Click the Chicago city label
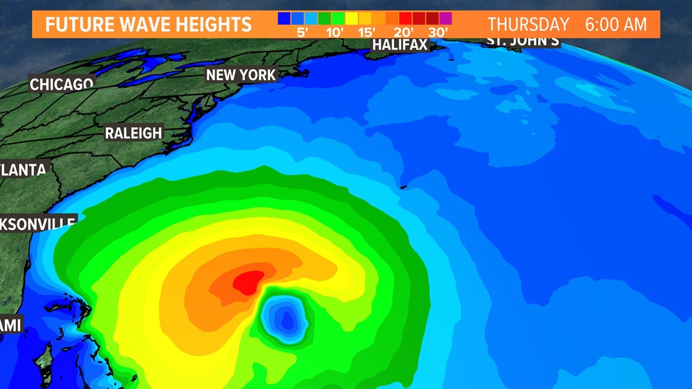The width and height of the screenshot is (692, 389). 61,84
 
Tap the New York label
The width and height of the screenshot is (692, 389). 241,75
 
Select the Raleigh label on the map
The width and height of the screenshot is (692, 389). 134,133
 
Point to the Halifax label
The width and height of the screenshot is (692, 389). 399,45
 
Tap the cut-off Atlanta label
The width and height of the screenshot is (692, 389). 23,170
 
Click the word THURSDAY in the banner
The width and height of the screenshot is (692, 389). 528,25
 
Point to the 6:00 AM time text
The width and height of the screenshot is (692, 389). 616,25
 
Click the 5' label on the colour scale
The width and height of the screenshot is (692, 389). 302,32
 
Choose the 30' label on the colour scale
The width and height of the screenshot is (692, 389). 438,32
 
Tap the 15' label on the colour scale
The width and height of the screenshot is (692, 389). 367,32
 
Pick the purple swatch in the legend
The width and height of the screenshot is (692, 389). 446,19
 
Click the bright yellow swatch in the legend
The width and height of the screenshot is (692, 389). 351,19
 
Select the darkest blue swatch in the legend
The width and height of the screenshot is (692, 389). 283,19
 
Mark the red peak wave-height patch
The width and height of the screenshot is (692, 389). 248,282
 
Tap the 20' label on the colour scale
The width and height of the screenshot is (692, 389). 403,32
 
